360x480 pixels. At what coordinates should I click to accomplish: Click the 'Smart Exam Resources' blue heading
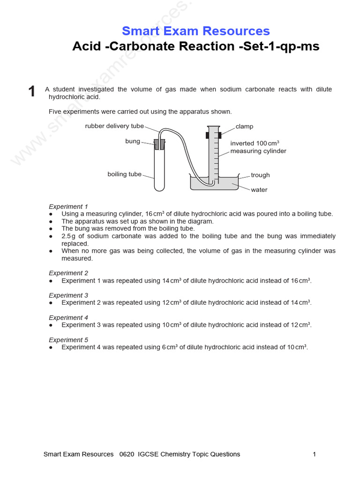point(195,31)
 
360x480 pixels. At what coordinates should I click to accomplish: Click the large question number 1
point(32,91)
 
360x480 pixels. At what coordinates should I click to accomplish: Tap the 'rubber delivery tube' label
point(114,126)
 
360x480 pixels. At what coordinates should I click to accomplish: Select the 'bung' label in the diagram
point(132,141)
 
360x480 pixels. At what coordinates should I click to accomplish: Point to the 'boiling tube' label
point(124,174)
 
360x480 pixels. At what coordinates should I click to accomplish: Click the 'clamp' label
point(244,127)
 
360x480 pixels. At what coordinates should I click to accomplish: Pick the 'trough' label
point(260,175)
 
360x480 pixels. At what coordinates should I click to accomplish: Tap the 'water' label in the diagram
point(259,190)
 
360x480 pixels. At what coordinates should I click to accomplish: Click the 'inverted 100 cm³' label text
point(255,143)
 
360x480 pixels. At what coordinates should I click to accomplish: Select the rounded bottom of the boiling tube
point(159,188)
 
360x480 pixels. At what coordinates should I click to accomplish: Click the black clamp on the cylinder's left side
point(207,135)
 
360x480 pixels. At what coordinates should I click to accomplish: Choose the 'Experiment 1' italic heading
point(68,206)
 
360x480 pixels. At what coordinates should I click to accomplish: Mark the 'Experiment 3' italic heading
point(68,295)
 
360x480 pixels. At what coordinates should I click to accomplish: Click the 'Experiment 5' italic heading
point(68,340)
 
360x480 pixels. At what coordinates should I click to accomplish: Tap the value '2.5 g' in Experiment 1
point(68,236)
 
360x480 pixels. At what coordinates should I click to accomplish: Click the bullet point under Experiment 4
point(51,325)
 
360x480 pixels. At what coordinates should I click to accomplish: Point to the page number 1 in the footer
point(314,454)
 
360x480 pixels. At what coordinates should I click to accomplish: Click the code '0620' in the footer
point(127,454)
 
